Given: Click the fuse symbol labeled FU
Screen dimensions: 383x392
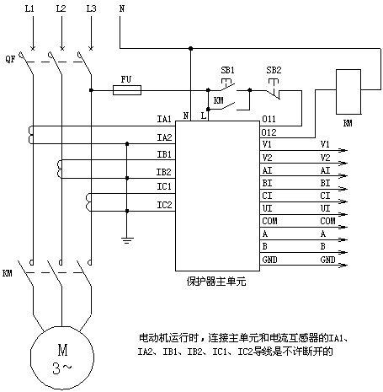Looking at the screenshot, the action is coord(127,90).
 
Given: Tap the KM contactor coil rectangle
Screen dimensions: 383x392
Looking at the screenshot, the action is coord(348,92).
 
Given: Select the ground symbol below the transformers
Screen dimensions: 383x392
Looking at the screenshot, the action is coord(127,240).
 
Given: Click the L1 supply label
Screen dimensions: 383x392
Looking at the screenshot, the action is coord(29,8).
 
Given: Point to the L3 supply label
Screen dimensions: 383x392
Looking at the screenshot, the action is coord(91,8).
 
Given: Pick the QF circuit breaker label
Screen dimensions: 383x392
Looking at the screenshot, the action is coord(10,59).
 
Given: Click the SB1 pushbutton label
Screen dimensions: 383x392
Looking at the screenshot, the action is coord(227,70).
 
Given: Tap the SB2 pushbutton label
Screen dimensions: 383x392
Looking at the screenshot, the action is coord(274,70).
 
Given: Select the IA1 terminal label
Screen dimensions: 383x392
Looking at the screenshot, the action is coord(164,119).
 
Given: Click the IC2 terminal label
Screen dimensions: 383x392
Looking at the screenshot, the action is coord(164,205).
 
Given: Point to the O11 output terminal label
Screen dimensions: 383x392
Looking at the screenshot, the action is coord(269,119).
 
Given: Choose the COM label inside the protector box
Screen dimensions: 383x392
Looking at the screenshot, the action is coord(269,221).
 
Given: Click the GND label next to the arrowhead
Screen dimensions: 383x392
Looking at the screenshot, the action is coord(327,260).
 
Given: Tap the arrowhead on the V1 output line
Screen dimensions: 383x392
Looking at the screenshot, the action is coord(343,150).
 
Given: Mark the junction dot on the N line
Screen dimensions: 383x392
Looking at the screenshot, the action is coord(191,48).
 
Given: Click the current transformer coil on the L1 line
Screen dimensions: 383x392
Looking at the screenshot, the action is coord(30,135).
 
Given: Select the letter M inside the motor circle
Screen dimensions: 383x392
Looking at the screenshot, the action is coord(62,351).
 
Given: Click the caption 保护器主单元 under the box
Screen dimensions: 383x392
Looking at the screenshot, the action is coord(216,282).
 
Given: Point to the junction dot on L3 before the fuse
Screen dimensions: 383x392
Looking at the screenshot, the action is coord(91,90).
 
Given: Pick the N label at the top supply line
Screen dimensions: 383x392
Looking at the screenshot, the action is coord(122,8).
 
